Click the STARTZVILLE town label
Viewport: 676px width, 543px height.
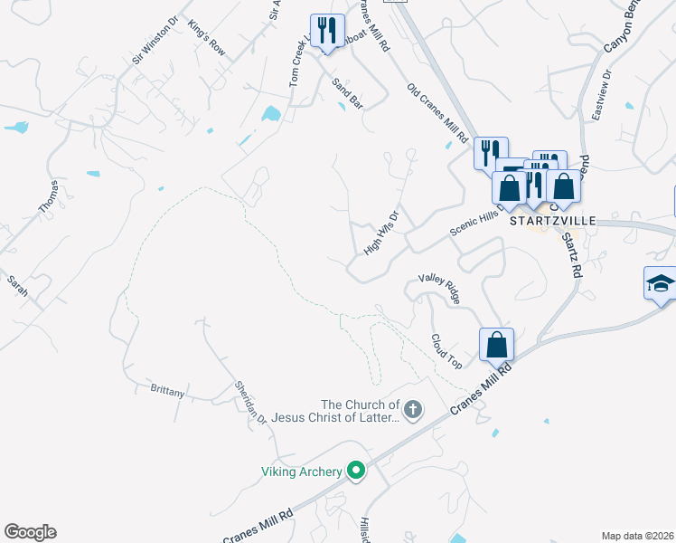[x=551, y=220]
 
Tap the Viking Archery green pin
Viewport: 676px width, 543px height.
[x=356, y=470]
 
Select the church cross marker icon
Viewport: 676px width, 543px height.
[x=412, y=410]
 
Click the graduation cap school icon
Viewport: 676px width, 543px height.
[x=660, y=283]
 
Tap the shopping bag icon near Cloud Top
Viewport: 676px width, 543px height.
[x=496, y=344]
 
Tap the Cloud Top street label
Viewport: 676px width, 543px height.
[x=446, y=350]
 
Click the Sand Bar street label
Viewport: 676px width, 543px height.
[x=347, y=94]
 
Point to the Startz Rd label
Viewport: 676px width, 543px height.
[x=572, y=253]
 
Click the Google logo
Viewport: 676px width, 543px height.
[x=30, y=532]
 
